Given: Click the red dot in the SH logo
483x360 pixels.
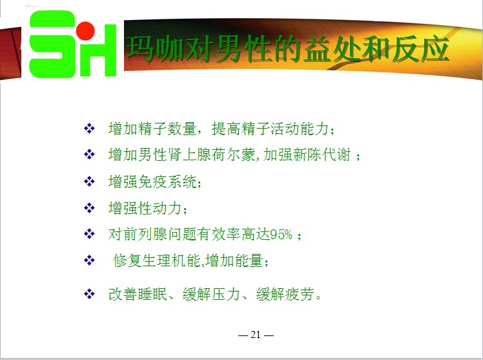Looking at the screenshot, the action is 85,31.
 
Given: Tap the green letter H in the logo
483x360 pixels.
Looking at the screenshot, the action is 99,50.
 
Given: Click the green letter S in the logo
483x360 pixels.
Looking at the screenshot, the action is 52,44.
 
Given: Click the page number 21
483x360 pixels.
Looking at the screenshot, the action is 256,334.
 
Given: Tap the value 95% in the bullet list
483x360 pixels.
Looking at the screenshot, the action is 281,235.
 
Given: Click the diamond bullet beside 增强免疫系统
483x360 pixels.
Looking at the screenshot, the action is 89,181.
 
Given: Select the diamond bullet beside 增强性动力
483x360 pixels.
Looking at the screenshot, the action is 89,207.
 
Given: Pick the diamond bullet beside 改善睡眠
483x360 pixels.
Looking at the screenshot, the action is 89,293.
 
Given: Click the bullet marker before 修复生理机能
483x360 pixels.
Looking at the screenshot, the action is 89,260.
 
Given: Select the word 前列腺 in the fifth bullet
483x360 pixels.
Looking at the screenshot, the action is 145,235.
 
